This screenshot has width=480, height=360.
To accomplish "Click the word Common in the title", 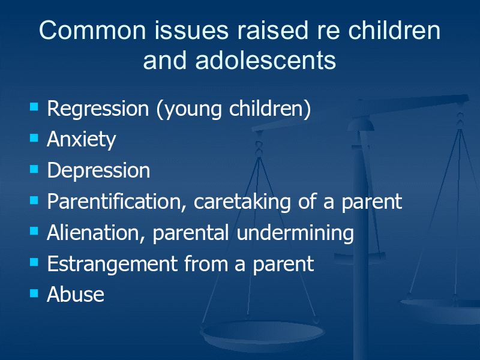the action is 92,31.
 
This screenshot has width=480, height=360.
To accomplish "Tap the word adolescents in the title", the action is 265,60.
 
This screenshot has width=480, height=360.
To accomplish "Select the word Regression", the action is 98,110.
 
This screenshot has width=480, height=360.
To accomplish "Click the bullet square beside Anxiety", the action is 34,138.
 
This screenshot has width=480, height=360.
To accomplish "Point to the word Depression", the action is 98,170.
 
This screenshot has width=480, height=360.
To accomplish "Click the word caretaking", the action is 242,202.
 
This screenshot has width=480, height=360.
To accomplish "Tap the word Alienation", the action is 96,233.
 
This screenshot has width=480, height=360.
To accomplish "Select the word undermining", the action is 295,233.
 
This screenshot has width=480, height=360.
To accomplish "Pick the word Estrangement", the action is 112,264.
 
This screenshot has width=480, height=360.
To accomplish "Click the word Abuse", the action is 76,294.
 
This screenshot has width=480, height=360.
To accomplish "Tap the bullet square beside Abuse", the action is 34,293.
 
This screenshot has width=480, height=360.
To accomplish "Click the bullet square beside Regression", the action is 34,107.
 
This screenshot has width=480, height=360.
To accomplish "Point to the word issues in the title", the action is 191,31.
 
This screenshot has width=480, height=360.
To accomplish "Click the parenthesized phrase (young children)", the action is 233,110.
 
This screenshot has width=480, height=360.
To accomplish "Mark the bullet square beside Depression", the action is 34,169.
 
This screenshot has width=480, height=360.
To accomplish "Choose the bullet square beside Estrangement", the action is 34,262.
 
